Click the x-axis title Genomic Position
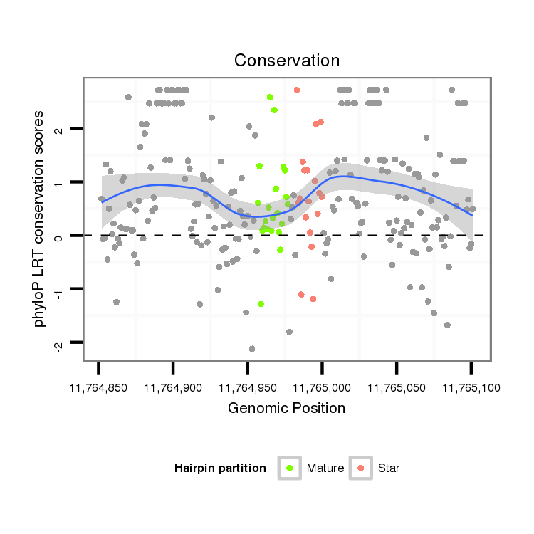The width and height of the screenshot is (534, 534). [286, 408]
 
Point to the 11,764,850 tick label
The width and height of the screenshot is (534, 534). [99, 387]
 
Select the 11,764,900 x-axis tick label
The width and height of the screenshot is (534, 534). [173, 387]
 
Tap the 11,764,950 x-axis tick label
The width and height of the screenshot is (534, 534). [247, 387]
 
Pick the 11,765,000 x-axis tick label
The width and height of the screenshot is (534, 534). [322, 387]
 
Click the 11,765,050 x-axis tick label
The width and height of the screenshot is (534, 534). [397, 387]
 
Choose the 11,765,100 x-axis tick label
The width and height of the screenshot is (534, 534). [471, 387]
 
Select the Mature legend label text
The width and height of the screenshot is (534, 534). [325, 468]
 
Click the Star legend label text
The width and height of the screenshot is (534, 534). [389, 468]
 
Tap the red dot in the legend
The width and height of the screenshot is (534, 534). [361, 468]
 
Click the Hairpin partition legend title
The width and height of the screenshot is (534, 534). [220, 468]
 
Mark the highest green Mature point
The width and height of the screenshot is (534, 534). [270, 97]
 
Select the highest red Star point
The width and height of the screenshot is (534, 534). [296, 90]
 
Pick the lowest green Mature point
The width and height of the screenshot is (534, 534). [261, 304]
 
